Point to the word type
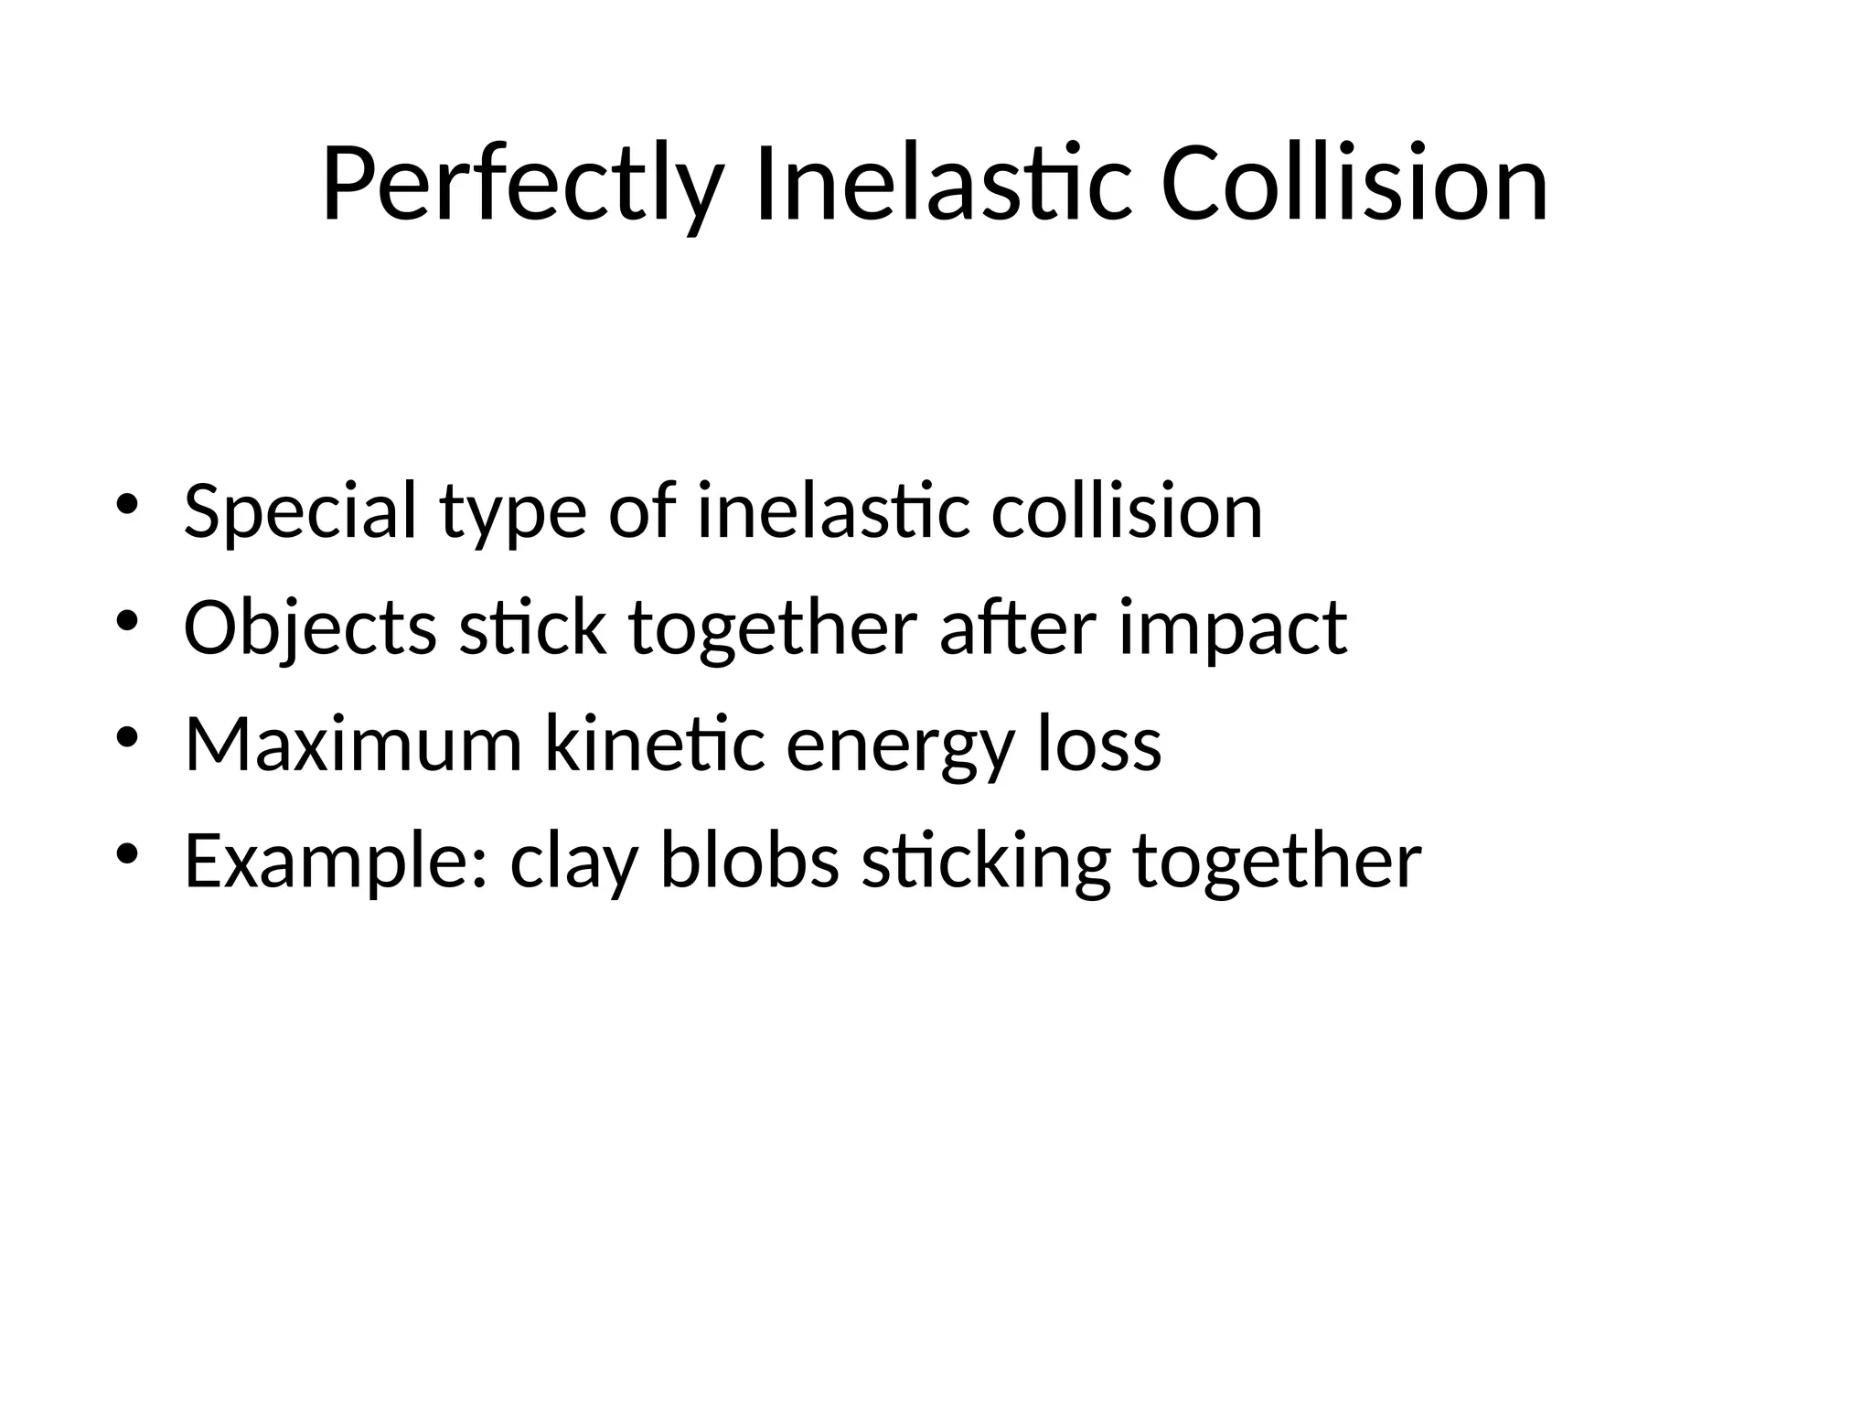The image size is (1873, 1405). [x=512, y=517]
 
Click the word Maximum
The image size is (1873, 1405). [x=353, y=745]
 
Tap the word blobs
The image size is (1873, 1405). [x=750, y=862]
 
